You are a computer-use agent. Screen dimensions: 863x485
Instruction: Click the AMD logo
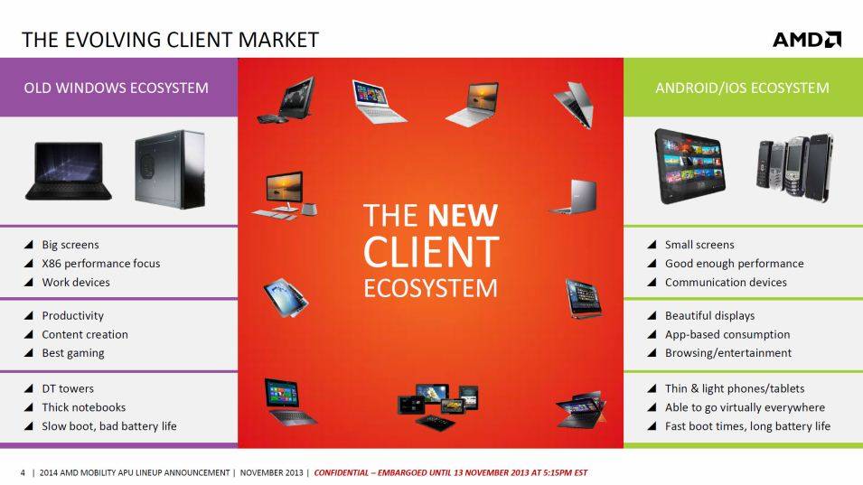pos(807,40)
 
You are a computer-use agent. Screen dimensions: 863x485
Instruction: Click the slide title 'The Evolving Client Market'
pos(170,40)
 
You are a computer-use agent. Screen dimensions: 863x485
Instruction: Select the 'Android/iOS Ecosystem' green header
pos(742,88)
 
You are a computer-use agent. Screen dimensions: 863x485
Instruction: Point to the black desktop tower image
pos(170,170)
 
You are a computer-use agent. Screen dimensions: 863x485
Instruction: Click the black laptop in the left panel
pos(69,171)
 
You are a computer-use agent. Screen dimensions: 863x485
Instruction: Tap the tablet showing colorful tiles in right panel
pos(690,166)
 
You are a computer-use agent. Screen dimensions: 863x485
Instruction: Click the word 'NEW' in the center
pos(463,215)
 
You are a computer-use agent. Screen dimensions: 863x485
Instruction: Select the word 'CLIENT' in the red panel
pos(431,252)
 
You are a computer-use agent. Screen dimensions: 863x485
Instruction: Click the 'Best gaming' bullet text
pos(73,353)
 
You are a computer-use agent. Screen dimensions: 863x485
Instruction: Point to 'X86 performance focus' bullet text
pos(101,264)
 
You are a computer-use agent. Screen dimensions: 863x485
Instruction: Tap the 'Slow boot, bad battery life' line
pos(109,426)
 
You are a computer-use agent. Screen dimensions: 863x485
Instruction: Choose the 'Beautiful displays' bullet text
pos(710,315)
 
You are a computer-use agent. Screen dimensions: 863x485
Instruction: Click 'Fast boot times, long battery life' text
pos(748,426)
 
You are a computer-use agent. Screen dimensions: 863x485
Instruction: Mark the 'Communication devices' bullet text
pos(726,282)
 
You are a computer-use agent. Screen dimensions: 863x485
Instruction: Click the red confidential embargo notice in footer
pos(451,472)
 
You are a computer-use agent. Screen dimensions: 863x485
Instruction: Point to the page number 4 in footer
pos(23,473)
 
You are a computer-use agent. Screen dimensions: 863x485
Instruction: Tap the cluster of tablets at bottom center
pos(438,406)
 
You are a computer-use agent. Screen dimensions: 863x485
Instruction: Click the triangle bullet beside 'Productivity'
pos(29,315)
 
